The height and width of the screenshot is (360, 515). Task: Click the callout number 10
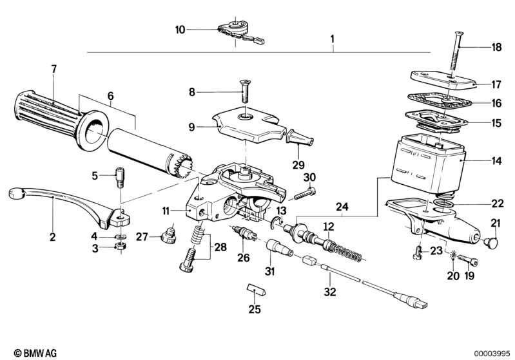180,29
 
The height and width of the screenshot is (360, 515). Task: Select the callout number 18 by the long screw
496,46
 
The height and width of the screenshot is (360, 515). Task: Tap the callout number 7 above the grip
54,68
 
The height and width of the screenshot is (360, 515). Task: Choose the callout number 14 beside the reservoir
496,160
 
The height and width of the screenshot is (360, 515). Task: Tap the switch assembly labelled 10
233,30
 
